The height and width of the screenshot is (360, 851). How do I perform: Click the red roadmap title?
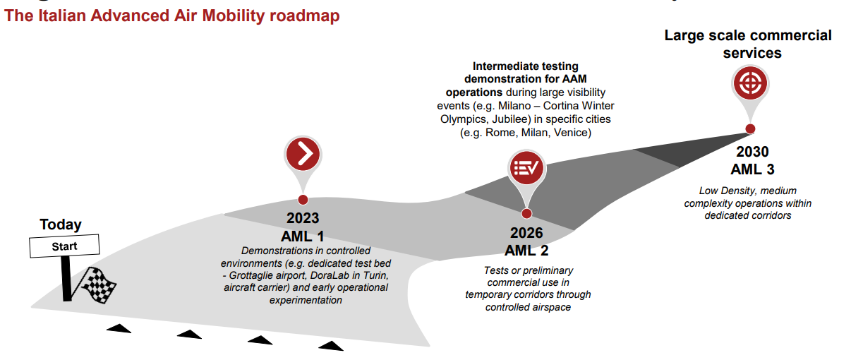tap(171, 16)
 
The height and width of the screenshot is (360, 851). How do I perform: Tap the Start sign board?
tap(64, 246)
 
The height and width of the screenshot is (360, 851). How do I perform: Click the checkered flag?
tap(97, 285)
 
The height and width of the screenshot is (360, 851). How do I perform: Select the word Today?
tap(61, 224)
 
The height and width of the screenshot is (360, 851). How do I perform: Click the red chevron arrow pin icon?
tap(303, 154)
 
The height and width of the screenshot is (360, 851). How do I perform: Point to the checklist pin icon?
tap(526, 167)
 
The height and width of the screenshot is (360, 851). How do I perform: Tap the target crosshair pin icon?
tap(750, 83)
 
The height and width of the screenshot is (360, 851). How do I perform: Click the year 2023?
tap(303, 218)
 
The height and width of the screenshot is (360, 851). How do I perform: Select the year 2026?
tap(526, 233)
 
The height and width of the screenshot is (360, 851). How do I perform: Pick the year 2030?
tap(753, 152)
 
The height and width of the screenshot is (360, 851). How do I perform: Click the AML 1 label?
tap(303, 236)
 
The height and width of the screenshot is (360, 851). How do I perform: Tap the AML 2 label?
tap(526, 251)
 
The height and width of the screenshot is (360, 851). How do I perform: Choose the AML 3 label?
tap(753, 169)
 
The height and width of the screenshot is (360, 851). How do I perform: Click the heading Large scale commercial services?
tap(748, 44)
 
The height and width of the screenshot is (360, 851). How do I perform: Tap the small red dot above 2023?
tap(303, 200)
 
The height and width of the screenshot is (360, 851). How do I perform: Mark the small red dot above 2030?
tap(750, 129)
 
